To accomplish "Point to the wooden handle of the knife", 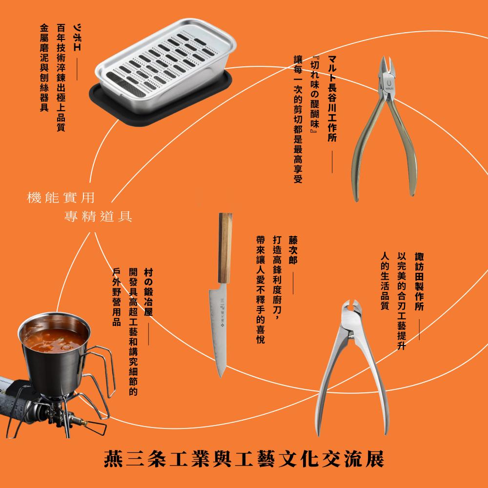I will tap(226, 249).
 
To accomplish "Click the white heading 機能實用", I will tap(61, 198).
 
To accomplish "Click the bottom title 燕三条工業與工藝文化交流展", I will tap(244, 459).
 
